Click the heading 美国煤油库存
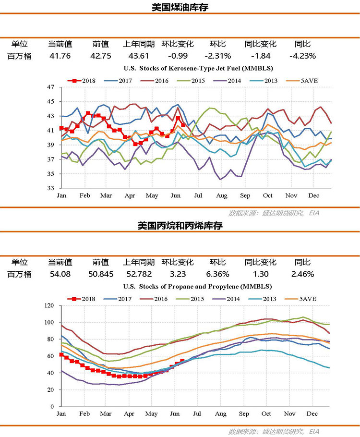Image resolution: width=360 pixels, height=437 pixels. click(x=180, y=7)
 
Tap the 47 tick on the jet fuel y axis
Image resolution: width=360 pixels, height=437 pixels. click(x=51, y=87)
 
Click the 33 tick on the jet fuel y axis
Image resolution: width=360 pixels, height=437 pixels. click(x=51, y=188)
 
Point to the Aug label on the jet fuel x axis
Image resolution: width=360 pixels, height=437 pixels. click(x=221, y=196)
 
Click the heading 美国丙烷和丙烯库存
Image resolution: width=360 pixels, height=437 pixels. click(x=180, y=225)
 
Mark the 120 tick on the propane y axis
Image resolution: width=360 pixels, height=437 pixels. click(x=49, y=305)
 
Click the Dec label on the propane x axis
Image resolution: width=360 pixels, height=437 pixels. click(x=312, y=414)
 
